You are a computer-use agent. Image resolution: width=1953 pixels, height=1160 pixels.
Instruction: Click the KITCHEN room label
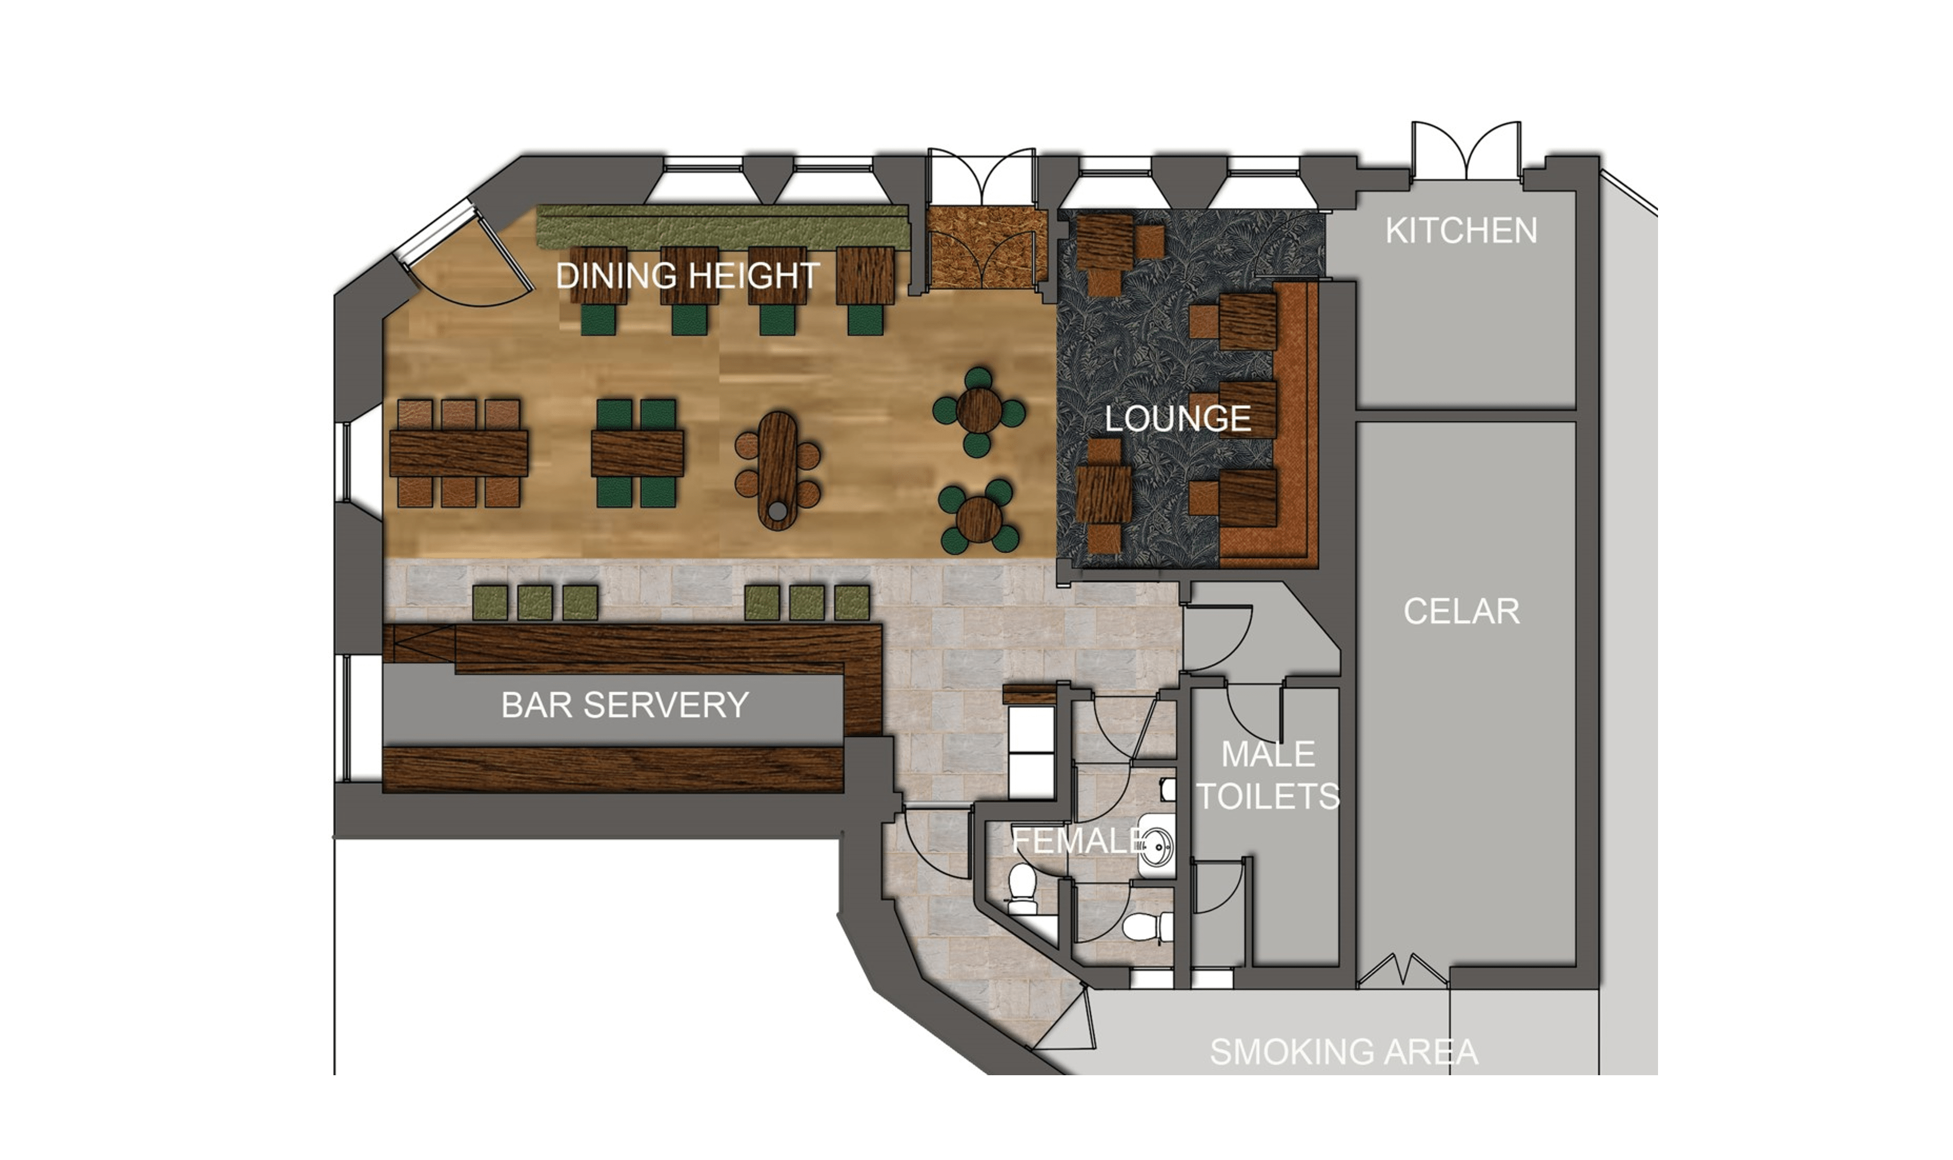1461,231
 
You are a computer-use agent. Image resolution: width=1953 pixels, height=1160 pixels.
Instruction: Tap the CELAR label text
1461,611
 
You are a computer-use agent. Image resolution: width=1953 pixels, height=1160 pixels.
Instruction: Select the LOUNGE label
1178,419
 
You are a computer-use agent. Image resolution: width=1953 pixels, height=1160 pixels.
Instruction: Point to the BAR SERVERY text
625,705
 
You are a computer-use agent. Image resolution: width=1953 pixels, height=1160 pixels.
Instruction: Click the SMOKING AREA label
1344,1052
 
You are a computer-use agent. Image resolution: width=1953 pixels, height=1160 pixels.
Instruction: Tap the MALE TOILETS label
1268,775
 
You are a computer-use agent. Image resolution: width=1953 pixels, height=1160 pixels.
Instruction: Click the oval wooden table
778,470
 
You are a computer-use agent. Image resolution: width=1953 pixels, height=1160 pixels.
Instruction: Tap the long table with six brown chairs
459,453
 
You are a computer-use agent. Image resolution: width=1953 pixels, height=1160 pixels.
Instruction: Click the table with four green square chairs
637,453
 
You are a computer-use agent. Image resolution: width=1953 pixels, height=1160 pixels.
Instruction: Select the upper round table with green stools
979,411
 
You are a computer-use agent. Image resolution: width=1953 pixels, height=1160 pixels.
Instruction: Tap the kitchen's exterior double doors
1466,153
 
